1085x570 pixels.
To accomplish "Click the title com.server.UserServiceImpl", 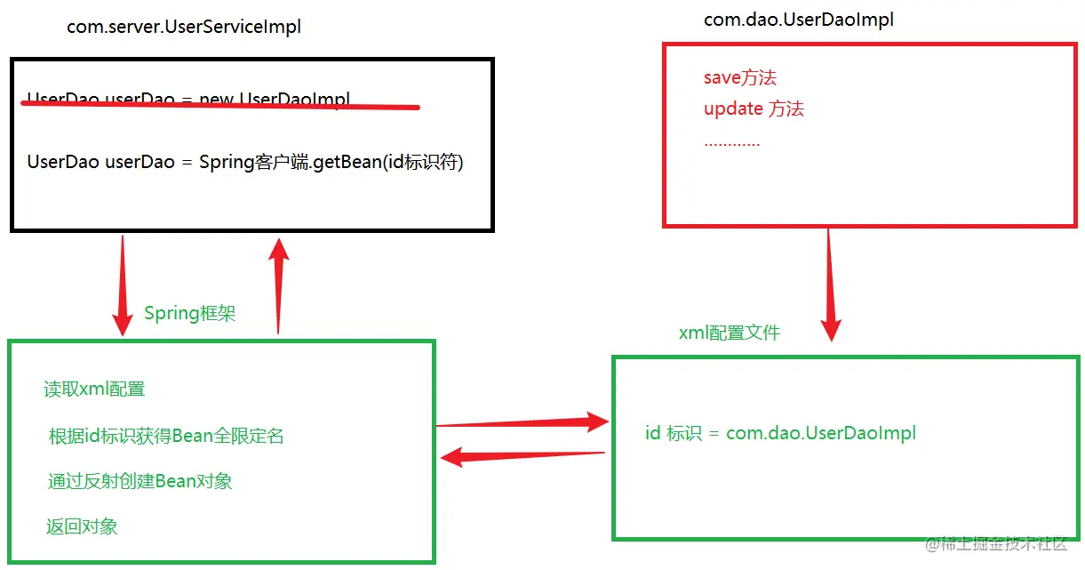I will pyautogui.click(x=184, y=28).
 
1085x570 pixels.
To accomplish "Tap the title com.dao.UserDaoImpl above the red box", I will pyautogui.click(x=798, y=20).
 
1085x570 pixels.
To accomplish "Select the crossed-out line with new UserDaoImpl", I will pyautogui.click(x=188, y=99).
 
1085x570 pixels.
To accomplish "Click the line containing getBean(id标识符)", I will pyautogui.click(x=245, y=163).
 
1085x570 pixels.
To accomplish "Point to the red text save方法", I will pyautogui.click(x=739, y=78).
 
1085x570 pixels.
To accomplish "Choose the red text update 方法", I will pyautogui.click(x=754, y=109).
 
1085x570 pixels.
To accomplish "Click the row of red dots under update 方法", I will pyautogui.click(x=731, y=143).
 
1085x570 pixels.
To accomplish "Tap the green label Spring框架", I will pyautogui.click(x=189, y=314).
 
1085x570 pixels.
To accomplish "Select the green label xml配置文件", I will pyautogui.click(x=729, y=333).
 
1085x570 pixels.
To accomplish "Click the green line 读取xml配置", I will pyautogui.click(x=94, y=389).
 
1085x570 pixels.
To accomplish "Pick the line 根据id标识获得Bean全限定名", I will pyautogui.click(x=166, y=436).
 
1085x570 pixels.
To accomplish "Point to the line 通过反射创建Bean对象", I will pyautogui.click(x=140, y=482).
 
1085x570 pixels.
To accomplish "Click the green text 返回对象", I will pyautogui.click(x=82, y=526).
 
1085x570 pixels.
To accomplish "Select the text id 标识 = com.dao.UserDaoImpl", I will pyautogui.click(x=780, y=434).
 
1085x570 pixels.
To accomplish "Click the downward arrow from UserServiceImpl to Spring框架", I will pyautogui.click(x=122, y=285).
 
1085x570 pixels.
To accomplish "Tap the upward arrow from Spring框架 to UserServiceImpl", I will pyautogui.click(x=280, y=285).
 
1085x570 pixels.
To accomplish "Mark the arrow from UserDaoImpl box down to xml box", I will pyautogui.click(x=830, y=285).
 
